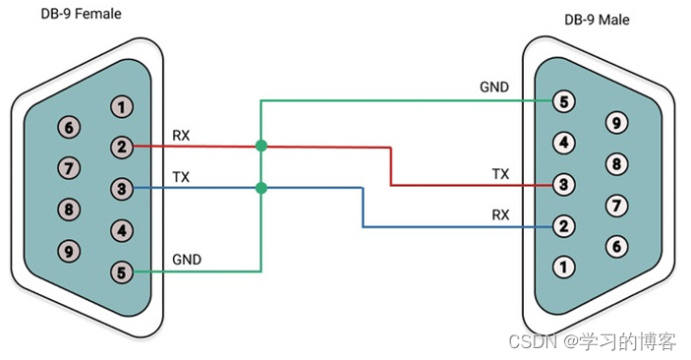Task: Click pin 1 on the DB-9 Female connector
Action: (122, 106)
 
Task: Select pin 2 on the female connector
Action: (122, 147)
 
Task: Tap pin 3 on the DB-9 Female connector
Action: (122, 189)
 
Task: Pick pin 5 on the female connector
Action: (122, 271)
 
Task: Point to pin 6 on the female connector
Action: (69, 128)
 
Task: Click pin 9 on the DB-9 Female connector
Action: (69, 252)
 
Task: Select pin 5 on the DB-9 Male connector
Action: (563, 102)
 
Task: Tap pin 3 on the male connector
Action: (563, 184)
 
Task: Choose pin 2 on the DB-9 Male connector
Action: (563, 226)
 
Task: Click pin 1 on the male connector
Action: (563, 267)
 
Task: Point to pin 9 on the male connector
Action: (616, 123)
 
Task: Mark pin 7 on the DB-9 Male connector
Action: (616, 206)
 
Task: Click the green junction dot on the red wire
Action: (261, 146)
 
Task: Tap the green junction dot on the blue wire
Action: (261, 189)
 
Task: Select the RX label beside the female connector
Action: (181, 136)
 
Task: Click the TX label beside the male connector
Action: (500, 174)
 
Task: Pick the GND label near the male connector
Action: (494, 87)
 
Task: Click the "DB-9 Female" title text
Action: (81, 14)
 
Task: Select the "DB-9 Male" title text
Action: (597, 20)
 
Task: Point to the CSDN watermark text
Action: (593, 341)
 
